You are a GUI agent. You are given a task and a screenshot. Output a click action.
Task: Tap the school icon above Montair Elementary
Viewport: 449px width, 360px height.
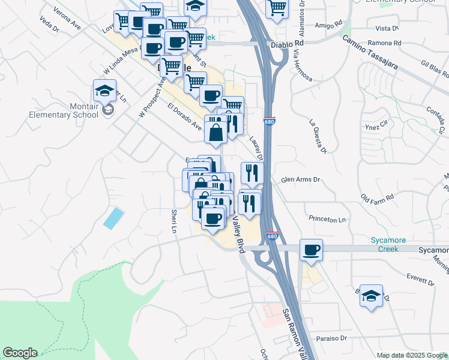tap(104, 91)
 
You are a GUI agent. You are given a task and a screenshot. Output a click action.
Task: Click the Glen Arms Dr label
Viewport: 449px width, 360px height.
tap(301, 179)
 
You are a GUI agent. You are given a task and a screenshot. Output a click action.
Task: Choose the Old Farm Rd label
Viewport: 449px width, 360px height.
tap(377, 197)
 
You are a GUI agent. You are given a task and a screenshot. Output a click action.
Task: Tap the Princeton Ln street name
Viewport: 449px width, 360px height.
tap(328, 220)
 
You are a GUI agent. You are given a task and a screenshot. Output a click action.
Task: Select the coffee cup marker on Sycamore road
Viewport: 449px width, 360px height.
tap(311, 250)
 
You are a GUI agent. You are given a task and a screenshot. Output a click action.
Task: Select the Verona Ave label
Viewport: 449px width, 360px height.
tap(67, 19)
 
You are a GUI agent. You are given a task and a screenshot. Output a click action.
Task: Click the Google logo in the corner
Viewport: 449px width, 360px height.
tap(20, 353)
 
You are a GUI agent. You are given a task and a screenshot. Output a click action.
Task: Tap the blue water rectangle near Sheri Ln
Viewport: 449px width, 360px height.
tap(113, 218)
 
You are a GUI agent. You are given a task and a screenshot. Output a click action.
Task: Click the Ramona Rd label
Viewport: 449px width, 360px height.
tap(388, 44)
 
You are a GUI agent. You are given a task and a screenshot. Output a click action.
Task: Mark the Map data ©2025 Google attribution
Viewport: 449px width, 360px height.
tap(412, 355)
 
